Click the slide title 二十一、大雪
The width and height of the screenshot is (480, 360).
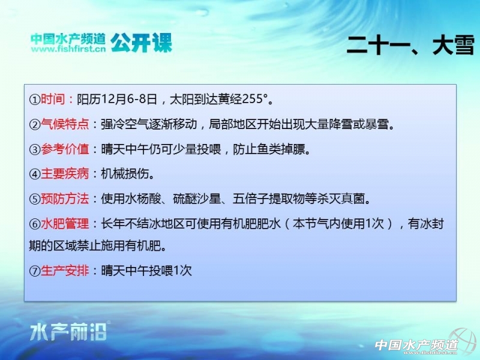click(x=410, y=46)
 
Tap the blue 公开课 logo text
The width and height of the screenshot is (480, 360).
click(x=141, y=43)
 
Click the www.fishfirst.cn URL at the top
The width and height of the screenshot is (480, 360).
click(x=68, y=49)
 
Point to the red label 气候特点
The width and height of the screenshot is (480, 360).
click(x=65, y=124)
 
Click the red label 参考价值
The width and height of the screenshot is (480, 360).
click(x=65, y=149)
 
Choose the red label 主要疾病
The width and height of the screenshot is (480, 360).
click(x=65, y=174)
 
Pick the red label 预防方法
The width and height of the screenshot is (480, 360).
click(x=65, y=199)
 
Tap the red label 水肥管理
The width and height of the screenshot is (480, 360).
click(x=65, y=224)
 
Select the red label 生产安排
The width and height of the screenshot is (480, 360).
click(x=65, y=271)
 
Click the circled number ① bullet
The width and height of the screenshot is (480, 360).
click(x=35, y=100)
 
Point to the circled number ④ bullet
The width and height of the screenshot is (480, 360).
click(x=35, y=174)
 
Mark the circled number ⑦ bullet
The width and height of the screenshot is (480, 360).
click(x=35, y=271)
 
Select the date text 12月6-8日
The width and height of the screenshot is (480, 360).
click(x=129, y=99)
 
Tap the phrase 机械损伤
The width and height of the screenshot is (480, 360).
click(x=125, y=174)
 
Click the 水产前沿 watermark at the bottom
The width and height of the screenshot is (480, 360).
click(x=68, y=332)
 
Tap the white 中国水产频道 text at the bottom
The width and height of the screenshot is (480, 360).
click(x=416, y=345)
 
